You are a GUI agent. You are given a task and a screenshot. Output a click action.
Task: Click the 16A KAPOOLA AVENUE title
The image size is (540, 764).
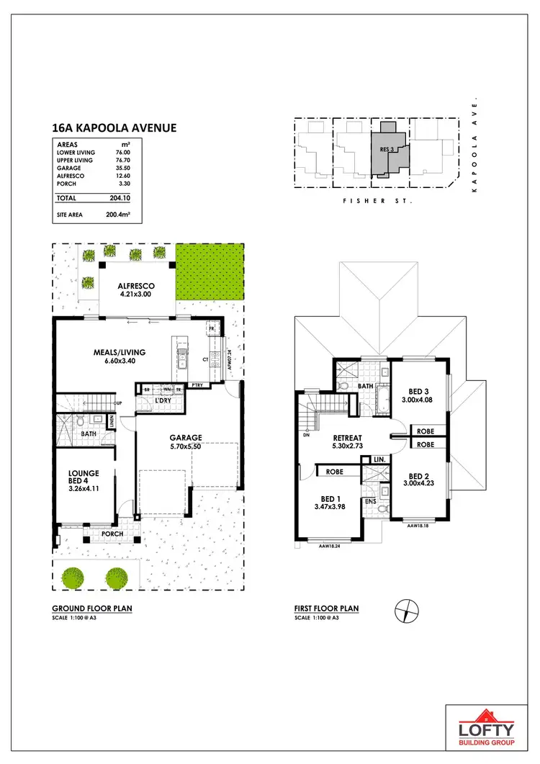coord(114,129)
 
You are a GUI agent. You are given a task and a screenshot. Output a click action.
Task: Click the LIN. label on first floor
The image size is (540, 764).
coord(379,459)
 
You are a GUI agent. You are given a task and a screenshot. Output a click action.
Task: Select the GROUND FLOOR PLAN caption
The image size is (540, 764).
coord(92,608)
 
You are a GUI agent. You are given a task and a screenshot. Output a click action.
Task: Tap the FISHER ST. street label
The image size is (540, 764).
coord(377,203)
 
